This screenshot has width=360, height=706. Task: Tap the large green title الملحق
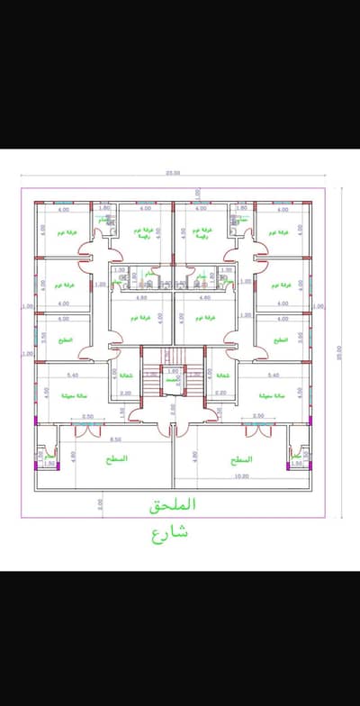(x=173, y=507)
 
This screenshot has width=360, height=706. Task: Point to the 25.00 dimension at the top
(x=173, y=173)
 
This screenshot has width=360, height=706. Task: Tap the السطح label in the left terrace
(x=116, y=459)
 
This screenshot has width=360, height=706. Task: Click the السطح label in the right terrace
(x=241, y=459)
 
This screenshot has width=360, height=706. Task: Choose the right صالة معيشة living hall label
(x=271, y=395)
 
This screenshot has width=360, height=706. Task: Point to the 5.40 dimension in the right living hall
(x=271, y=375)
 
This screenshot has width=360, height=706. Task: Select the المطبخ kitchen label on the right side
(x=283, y=340)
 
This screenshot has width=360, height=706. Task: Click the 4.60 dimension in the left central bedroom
(x=141, y=297)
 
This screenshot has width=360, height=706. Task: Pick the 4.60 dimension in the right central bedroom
(x=204, y=297)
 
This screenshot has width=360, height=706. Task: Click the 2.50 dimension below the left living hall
(x=87, y=416)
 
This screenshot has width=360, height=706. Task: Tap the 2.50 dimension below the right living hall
(x=258, y=416)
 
